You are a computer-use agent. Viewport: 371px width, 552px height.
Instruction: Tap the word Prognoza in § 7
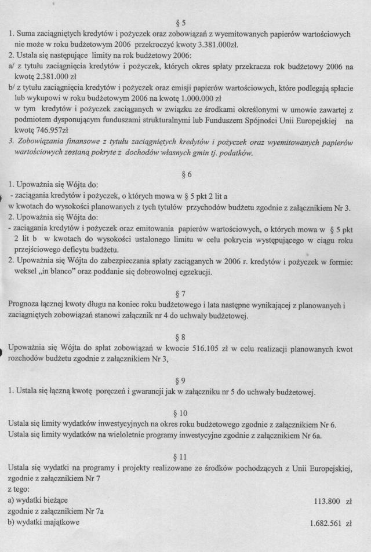[25, 304]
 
